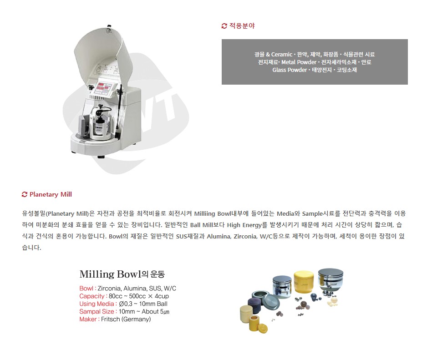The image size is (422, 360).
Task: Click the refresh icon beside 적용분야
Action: coord(224,26)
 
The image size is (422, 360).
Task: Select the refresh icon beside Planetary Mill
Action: coord(25,194)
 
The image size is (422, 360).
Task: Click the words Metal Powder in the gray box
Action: coord(299,62)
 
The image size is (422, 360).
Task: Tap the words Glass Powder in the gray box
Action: coord(290,70)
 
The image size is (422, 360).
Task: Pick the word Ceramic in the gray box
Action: coord(281,54)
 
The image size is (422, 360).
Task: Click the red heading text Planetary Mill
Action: coord(51,194)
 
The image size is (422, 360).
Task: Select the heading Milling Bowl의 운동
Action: coord(122,274)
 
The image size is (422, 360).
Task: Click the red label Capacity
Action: coord(92,296)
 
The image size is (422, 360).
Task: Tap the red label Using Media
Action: coord(97,304)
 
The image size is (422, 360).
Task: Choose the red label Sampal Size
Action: coord(97,312)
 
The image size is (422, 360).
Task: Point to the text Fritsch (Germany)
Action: coord(126,319)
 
